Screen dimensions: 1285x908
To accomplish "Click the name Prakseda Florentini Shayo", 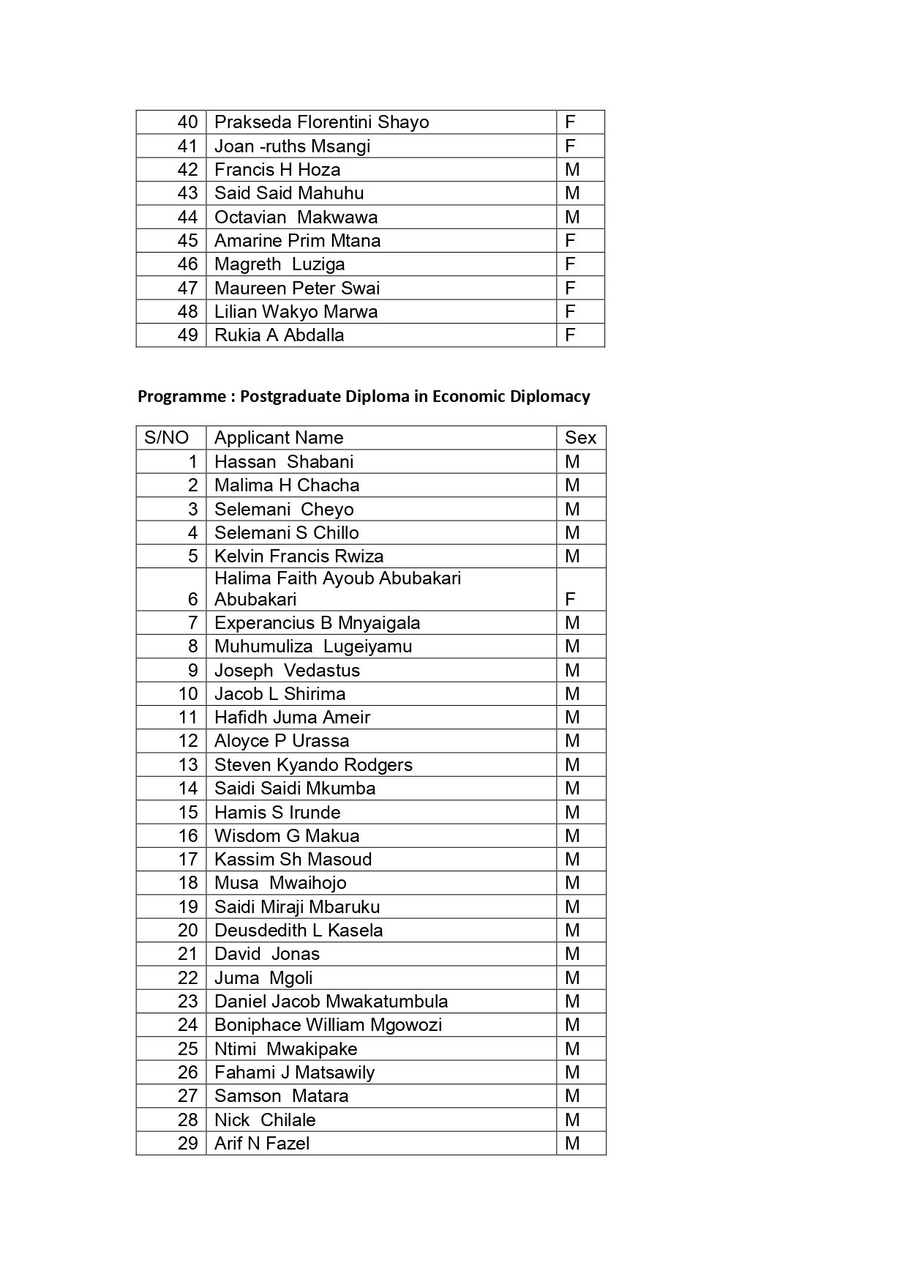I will coord(321,122).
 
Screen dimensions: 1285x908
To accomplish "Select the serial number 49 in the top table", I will coord(187,335).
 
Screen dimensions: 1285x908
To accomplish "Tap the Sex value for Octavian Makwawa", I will coord(572,217).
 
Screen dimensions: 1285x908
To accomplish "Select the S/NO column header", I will coord(166,438).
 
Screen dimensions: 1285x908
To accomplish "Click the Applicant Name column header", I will coord(278,438).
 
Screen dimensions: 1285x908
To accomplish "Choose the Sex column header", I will coord(580,438).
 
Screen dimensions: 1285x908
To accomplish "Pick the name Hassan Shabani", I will coord(284,462).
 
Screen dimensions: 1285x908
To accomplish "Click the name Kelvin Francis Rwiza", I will coord(299,556).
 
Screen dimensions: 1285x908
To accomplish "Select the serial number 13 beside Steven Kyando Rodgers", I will coord(188,765).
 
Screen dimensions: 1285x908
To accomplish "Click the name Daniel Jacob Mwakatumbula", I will coord(331,1002).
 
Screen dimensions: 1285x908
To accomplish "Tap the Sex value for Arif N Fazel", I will coord(572,1144).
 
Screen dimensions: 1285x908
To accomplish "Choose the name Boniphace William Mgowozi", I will coord(328,1025).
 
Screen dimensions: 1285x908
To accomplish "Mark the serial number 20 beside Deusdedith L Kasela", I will coord(188,931).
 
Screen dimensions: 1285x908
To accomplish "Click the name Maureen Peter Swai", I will coord(297,288).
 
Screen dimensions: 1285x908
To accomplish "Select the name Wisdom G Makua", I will coord(287,836).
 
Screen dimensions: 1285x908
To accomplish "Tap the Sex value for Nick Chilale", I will coord(572,1120).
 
